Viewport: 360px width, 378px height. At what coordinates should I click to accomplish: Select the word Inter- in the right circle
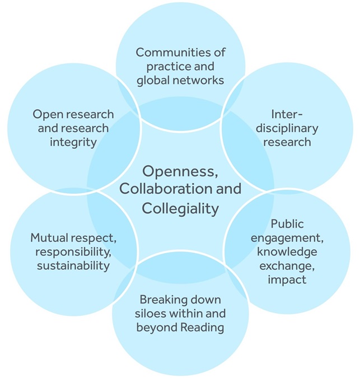(287, 114)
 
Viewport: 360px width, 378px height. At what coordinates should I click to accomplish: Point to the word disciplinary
(287, 128)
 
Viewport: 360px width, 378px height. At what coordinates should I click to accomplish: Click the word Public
(287, 224)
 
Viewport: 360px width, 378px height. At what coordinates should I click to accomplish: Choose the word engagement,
(287, 239)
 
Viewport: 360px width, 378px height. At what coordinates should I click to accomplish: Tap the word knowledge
(287, 251)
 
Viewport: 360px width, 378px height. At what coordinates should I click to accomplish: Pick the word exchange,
(287, 266)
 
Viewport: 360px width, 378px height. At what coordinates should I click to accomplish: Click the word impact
(287, 280)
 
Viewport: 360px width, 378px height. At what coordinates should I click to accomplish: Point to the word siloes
(151, 314)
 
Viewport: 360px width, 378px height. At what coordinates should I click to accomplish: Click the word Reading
(202, 328)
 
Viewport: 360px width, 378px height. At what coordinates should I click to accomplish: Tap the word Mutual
(49, 238)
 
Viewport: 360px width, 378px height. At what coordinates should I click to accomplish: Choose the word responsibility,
(73, 252)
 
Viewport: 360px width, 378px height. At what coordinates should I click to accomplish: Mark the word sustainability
(73, 265)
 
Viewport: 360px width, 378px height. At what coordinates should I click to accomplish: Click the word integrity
(73, 142)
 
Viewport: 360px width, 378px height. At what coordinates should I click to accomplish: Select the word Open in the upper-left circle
(46, 114)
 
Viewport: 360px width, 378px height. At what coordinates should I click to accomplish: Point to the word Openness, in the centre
(180, 172)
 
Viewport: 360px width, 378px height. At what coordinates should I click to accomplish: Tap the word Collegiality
(180, 208)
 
